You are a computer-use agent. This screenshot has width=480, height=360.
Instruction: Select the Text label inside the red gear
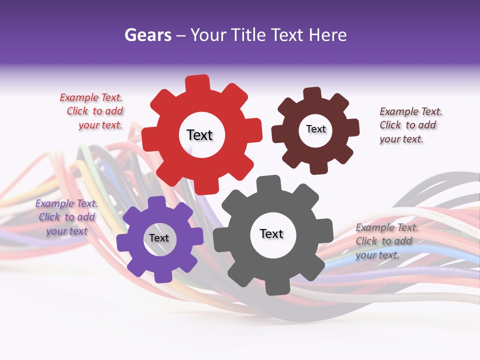pos(199,135)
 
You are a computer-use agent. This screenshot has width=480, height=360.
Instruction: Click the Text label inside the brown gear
pos(315,129)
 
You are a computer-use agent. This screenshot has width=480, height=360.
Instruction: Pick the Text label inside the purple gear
pos(159,238)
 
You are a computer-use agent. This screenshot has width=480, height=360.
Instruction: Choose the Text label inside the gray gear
pos(271,233)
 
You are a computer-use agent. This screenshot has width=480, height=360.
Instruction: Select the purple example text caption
pos(66,217)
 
